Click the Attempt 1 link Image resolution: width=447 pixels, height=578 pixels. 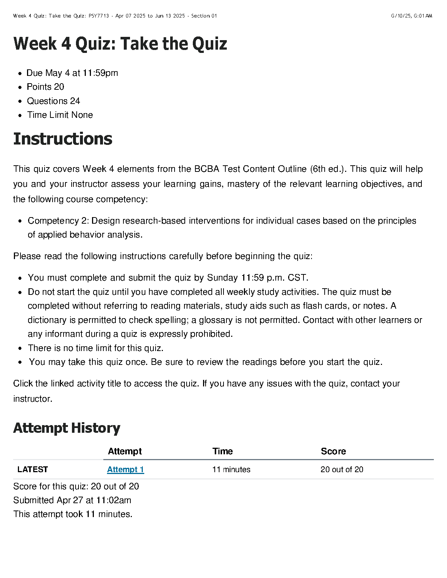pos(125,470)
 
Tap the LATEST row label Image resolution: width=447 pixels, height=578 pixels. pos(33,470)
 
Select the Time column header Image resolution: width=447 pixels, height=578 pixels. pos(222,451)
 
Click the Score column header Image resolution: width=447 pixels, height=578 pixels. pos(333,451)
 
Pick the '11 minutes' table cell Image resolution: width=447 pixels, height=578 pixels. pos(231,470)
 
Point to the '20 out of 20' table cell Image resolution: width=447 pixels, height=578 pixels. pos(342,470)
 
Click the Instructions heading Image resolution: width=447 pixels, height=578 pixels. pos(63,139)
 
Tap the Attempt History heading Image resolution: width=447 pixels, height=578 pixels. pos(67,428)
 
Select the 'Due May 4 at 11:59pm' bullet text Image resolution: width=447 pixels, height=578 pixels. pos(72,73)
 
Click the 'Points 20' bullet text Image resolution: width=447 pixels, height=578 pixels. pos(46,87)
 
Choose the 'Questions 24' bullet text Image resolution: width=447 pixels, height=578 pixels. pos(54,101)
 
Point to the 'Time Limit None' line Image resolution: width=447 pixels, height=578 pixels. pos(60,115)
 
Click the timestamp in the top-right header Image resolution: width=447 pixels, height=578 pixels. pos(411,16)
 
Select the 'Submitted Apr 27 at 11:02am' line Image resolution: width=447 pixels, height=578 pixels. pos(72,500)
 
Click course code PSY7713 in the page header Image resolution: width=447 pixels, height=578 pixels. pos(99,16)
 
